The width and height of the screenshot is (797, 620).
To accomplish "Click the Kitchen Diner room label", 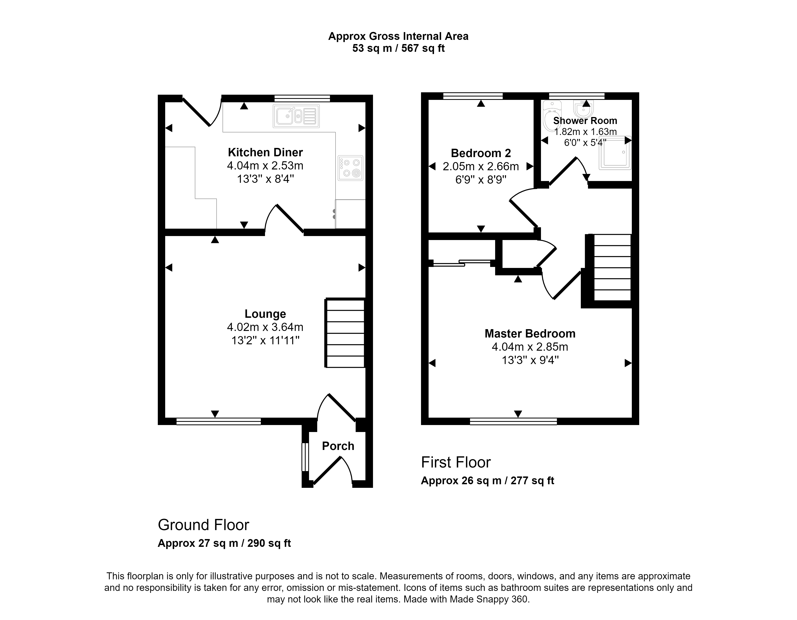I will pos(265,152).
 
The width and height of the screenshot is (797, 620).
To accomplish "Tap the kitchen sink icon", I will pos(296,116).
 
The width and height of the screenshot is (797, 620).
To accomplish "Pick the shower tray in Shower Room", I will pos(615,153).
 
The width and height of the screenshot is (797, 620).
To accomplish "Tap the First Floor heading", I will pos(456,462).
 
